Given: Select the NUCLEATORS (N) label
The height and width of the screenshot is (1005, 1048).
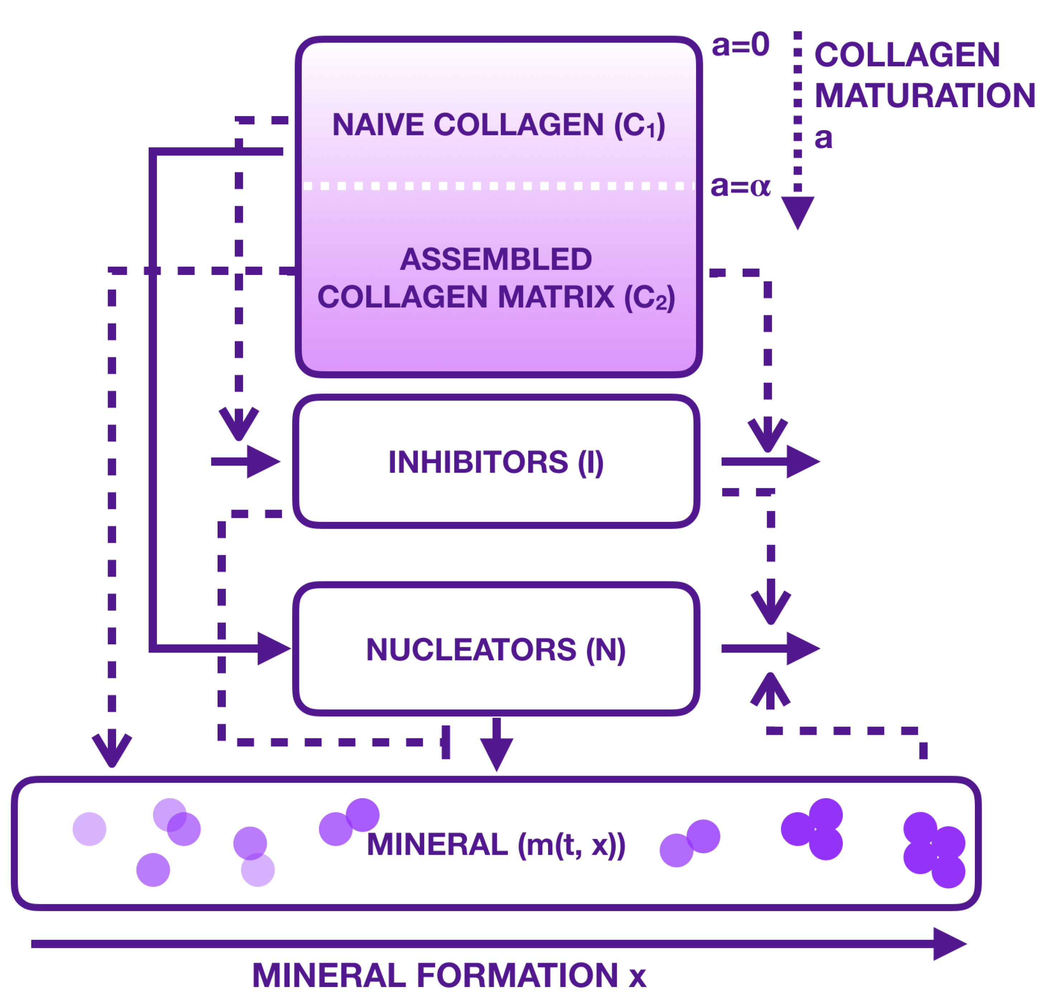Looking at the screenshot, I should (x=496, y=650).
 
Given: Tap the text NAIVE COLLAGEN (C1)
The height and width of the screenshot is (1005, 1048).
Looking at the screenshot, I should (x=498, y=125).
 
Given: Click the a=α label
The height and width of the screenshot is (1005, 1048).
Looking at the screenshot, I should (x=740, y=187).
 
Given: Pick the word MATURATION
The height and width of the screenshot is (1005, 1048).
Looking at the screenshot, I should (x=924, y=96).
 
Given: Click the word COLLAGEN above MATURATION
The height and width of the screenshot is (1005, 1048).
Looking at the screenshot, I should (x=907, y=55).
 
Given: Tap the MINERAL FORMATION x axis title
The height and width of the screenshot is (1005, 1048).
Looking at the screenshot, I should (x=449, y=976).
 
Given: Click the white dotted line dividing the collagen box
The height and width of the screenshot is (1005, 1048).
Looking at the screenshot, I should (x=498, y=186).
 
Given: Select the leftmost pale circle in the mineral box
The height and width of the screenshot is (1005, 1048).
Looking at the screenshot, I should (x=89, y=829).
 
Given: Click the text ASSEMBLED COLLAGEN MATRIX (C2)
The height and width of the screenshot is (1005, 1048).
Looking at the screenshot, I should (x=496, y=278).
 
